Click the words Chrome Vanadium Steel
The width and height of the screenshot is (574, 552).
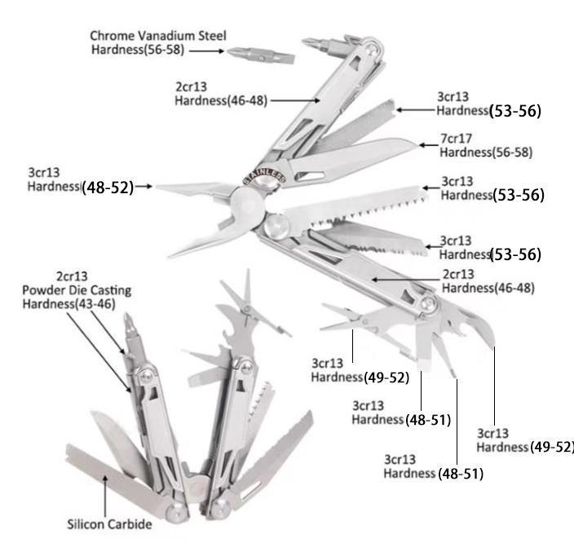158,36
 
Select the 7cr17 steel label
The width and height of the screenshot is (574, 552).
457,139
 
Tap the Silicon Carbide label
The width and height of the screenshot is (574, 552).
109,524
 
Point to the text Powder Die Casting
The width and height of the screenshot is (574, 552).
77,290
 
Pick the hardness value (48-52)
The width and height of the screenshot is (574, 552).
107,187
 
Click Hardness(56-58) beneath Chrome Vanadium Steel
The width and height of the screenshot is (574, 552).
139,50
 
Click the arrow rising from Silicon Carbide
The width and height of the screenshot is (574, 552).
105,494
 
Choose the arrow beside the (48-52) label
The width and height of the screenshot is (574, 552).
143,187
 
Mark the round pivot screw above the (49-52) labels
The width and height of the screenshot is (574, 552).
427,305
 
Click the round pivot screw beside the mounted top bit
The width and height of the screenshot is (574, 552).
372,51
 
